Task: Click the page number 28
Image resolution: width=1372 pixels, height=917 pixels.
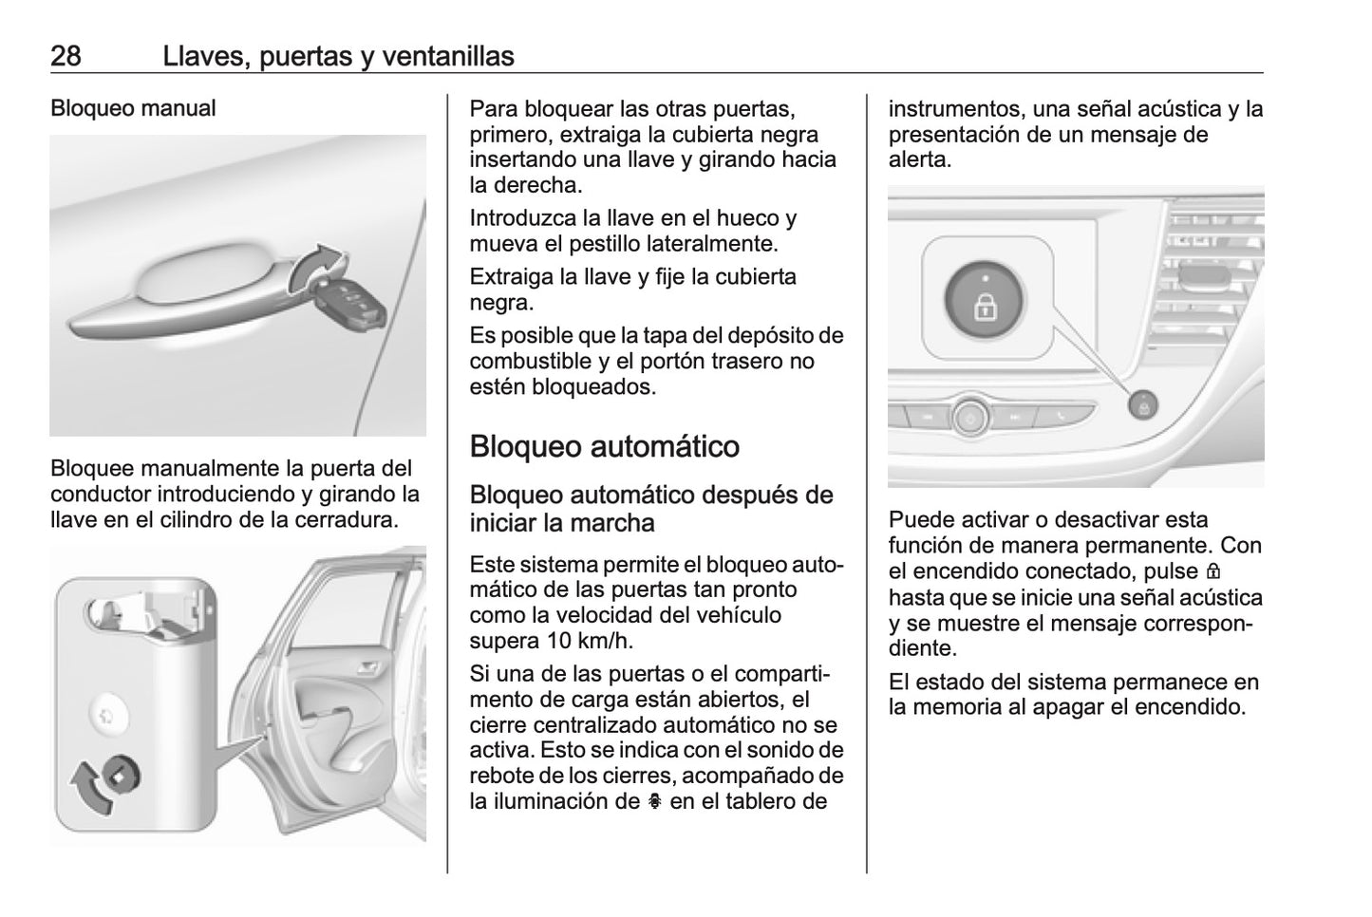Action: click(66, 56)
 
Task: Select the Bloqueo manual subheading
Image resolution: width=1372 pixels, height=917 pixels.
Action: click(133, 108)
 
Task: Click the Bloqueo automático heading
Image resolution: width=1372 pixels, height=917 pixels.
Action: click(604, 446)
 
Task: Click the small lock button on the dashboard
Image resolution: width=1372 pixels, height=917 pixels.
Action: click(1143, 405)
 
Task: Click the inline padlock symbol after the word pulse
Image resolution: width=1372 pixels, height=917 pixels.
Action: click(1212, 572)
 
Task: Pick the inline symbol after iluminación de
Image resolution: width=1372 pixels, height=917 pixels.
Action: click(654, 801)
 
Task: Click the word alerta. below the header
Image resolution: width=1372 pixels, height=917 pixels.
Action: click(919, 159)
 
